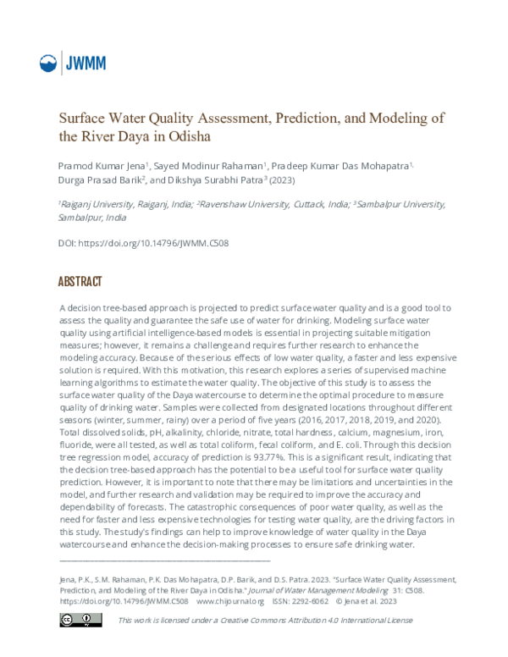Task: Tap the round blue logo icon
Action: click(50, 63)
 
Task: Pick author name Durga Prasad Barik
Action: click(98, 179)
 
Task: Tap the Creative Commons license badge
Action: click(80, 621)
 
